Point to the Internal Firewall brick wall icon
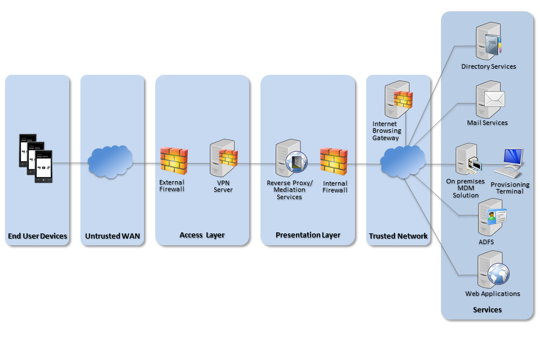pos(334,161)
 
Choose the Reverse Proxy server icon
pos(290,159)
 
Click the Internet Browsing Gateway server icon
pos(398,100)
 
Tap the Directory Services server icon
pos(487,40)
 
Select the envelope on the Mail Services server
pos(494,100)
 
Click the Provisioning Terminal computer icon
pos(512,160)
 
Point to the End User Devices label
pos(38,236)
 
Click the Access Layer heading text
pos(202,235)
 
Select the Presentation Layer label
pos(308,235)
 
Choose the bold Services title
pos(487,309)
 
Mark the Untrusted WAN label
pos(112,236)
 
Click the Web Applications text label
pos(492,294)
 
